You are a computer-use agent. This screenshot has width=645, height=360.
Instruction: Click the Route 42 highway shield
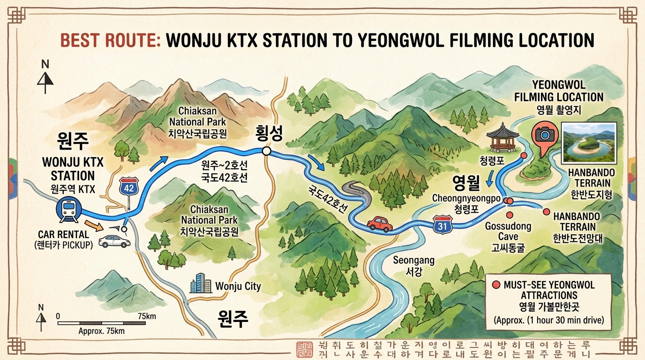(x=129, y=187)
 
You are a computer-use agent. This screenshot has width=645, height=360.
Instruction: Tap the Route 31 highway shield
(x=442, y=225)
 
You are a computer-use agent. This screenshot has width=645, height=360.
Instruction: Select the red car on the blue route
(x=380, y=224)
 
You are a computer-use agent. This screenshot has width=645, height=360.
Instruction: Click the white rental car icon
(x=114, y=241)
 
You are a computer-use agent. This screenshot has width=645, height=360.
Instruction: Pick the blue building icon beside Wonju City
(x=200, y=284)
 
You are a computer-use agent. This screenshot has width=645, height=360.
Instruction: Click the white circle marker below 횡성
(x=266, y=151)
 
